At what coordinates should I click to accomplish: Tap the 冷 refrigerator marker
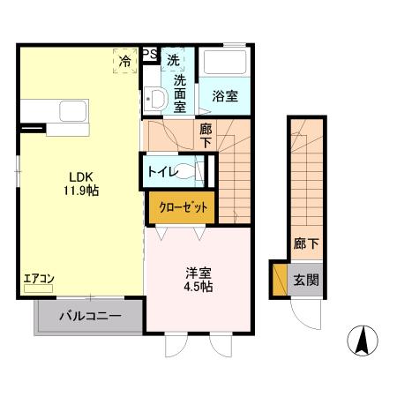pos(125,61)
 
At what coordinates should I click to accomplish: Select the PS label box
pos(149,54)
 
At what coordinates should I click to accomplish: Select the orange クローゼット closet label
pos(183,208)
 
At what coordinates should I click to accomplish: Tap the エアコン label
pos(39,280)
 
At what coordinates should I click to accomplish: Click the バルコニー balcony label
pos(89,313)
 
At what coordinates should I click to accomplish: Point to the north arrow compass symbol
pos(362,340)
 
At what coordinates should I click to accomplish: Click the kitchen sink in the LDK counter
pos(70,112)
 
